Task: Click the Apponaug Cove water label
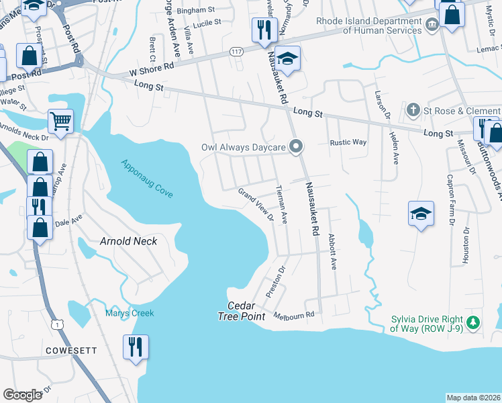tap(147, 178)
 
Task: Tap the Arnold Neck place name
tap(128, 241)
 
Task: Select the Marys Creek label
tap(129, 313)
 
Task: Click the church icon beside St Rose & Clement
tap(414, 109)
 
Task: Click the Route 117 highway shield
tap(236, 52)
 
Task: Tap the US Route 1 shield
tap(59, 324)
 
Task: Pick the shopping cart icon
tap(60, 122)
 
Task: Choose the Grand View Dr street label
tap(256, 204)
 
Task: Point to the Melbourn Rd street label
tap(295, 315)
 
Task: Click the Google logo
tap(23, 395)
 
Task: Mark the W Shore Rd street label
tap(154, 66)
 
